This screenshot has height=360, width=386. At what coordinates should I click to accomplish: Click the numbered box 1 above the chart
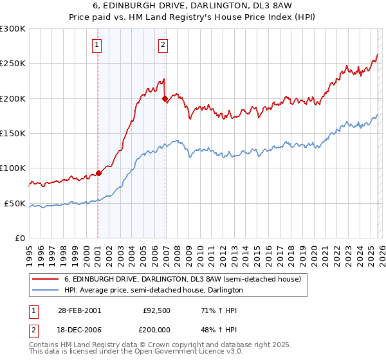point(96,44)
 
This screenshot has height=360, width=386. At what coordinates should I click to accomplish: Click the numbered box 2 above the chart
point(163,44)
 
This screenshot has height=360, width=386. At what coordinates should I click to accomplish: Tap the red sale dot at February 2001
point(98,173)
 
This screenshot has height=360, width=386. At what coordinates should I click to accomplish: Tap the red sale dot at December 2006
point(165,99)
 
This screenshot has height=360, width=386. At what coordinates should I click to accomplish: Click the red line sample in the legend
point(45,280)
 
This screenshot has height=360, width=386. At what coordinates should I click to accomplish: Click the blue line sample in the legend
point(45,291)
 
